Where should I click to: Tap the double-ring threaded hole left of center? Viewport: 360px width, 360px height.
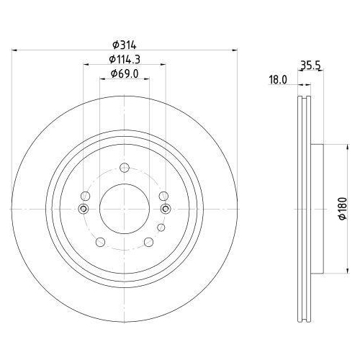[x=83, y=209]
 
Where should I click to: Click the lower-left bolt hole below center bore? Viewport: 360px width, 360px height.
[x=100, y=242]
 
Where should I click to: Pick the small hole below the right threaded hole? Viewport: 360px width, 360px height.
[x=161, y=228]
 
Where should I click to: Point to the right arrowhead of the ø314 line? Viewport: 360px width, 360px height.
[x=235, y=50]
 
